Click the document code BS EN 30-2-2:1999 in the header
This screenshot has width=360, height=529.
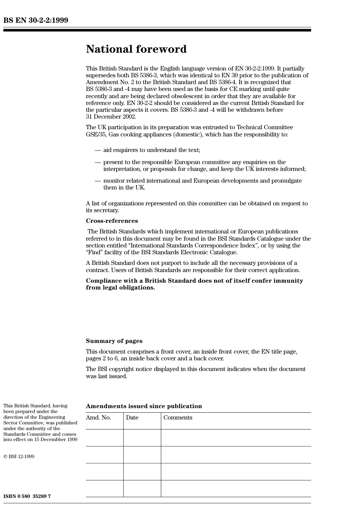pyautogui.click(x=36, y=20)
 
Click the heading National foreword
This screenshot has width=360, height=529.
pyautogui.click(x=136, y=49)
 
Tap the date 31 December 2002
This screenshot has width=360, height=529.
pyautogui.click(x=111, y=117)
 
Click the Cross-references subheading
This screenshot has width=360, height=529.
pyautogui.click(x=112, y=221)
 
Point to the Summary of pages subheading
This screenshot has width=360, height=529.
pyautogui.click(x=114, y=341)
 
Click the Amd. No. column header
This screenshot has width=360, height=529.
pyautogui.click(x=98, y=418)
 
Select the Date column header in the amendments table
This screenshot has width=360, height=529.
pyautogui.click(x=132, y=418)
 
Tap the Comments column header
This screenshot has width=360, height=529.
pyautogui.click(x=178, y=418)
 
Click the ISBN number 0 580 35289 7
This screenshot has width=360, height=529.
pyautogui.click(x=27, y=496)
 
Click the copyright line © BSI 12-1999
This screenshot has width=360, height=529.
pyautogui.click(x=19, y=457)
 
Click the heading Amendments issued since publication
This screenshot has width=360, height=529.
pyautogui.click(x=144, y=406)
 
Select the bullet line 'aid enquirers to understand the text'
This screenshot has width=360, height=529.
pyautogui.click(x=152, y=150)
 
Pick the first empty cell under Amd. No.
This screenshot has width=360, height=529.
pyautogui.click(x=104, y=438)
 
